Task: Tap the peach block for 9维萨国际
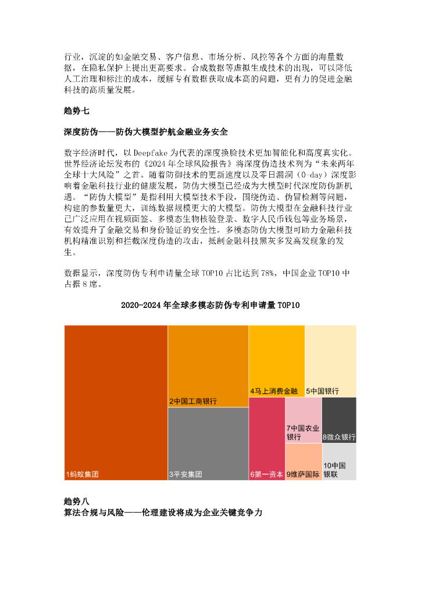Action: [x=303, y=462]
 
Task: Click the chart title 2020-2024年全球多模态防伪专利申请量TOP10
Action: [x=210, y=305]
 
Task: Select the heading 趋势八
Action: [x=76, y=501]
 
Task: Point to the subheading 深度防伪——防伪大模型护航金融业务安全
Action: [x=145, y=132]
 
